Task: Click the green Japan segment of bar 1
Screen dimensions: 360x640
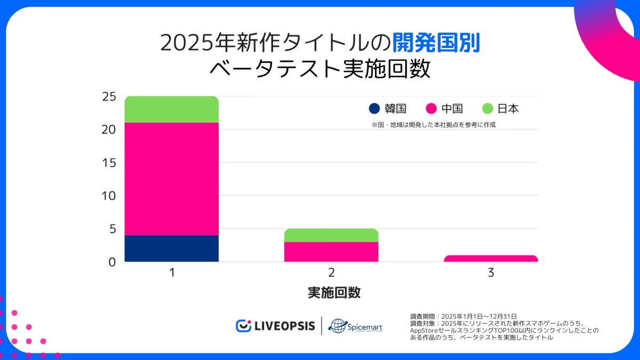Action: (171, 109)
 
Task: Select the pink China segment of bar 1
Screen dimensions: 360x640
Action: (171, 179)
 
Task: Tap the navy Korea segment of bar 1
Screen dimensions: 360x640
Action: (171, 248)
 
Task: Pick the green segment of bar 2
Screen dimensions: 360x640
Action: (331, 235)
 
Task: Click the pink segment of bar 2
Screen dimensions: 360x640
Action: (331, 252)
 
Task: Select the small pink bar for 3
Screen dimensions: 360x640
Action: (491, 259)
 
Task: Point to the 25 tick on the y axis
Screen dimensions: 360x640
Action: (109, 97)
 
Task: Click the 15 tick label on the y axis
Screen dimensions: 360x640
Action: (109, 163)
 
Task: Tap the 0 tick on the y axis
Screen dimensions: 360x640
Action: (112, 262)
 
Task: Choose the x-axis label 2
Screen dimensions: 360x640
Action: (331, 273)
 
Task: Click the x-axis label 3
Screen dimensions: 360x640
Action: (491, 273)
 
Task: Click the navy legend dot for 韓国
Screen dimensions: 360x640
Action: (374, 109)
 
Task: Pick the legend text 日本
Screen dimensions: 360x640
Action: (508, 109)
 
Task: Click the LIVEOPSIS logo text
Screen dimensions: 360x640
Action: (284, 326)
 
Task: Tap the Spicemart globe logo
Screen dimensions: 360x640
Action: (338, 326)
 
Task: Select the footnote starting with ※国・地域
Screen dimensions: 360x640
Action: (430, 125)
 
